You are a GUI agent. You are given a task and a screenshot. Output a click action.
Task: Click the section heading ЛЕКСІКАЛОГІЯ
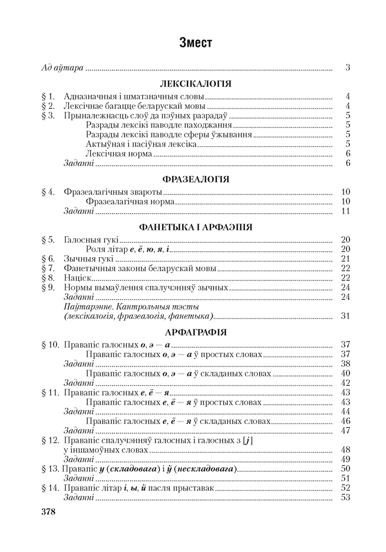click(196, 84)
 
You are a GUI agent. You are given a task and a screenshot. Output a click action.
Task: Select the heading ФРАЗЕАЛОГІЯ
click(196, 179)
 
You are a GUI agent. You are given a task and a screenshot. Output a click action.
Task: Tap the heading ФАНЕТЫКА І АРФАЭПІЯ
click(196, 227)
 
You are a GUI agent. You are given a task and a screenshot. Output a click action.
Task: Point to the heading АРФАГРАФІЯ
click(196, 332)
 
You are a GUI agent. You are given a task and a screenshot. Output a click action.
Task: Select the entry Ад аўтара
click(62, 68)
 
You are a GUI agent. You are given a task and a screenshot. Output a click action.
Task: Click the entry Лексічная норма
click(119, 153)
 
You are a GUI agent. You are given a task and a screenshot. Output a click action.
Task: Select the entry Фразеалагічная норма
click(130, 201)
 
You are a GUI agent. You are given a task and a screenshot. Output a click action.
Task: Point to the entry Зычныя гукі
click(89, 258)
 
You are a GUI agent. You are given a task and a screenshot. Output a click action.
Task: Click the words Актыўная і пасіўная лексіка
click(141, 144)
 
